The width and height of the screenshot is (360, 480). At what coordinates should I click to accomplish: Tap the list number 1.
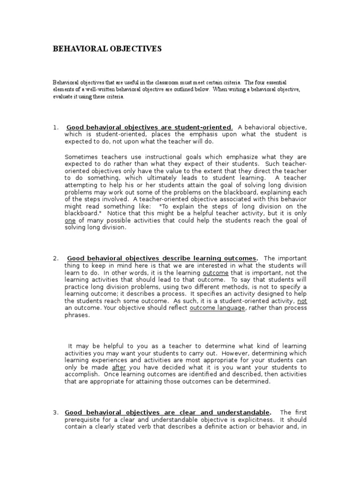coord(55,127)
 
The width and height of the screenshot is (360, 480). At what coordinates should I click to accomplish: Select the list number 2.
coord(55,258)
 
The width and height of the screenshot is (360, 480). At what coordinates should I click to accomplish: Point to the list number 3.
coord(55,412)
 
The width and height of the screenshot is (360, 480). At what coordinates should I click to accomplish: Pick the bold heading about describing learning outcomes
coord(162,258)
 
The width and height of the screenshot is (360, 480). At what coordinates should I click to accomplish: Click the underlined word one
coord(70,221)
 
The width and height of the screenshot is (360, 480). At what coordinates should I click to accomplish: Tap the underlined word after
coord(120,367)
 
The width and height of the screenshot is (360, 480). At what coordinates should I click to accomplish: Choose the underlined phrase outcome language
coord(217,308)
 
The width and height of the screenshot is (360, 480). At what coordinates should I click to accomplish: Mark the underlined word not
coord(302,301)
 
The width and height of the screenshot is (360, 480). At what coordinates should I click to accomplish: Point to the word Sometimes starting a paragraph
coord(80,157)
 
